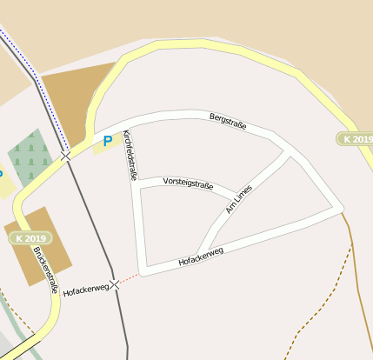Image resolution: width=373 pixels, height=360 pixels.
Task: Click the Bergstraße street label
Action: click(x=228, y=121)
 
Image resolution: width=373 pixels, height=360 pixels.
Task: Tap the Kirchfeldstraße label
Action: click(x=130, y=155)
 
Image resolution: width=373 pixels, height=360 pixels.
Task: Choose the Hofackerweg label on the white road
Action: click(x=201, y=256)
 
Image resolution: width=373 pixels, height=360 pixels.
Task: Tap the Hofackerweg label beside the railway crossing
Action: click(x=85, y=287)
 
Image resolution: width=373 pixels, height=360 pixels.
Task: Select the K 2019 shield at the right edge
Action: click(x=355, y=139)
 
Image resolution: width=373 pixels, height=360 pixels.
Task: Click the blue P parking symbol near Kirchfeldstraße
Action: click(x=108, y=140)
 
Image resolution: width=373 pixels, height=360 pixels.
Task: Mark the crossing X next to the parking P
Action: click(x=66, y=157)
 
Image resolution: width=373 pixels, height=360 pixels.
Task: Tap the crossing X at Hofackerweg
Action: click(x=114, y=284)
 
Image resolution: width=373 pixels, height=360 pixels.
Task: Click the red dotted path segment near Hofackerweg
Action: click(x=127, y=279)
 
